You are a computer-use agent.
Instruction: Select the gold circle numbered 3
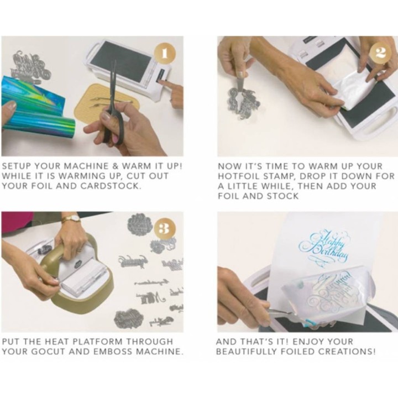click(165, 229)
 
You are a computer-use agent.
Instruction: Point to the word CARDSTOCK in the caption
click(111, 186)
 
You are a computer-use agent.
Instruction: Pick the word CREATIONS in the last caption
click(347, 352)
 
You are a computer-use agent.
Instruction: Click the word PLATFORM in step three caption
click(97, 342)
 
